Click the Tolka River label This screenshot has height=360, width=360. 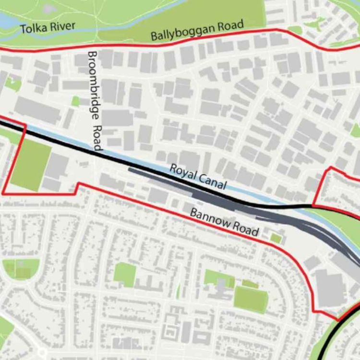click(48, 27)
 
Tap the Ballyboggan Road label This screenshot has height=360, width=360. click(197, 30)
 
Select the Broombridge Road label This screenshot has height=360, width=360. click(96, 101)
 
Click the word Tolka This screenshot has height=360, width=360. click(33, 28)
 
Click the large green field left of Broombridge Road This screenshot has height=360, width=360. click(31, 165)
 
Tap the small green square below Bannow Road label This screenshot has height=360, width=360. click(276, 238)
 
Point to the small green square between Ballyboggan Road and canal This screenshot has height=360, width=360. click(75, 101)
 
